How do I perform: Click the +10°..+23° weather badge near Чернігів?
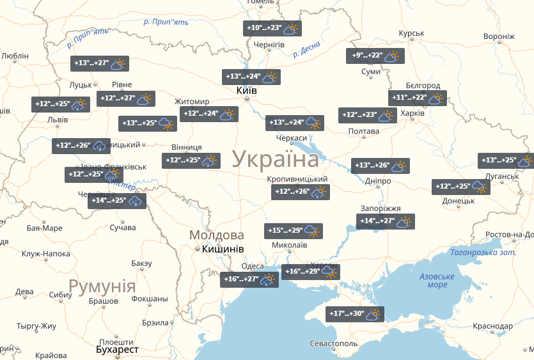tap(272, 29)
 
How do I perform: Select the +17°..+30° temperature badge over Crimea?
tap(355, 315)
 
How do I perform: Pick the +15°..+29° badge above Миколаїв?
tap(294, 231)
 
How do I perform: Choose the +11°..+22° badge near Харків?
tap(418, 98)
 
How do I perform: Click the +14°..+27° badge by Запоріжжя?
tap(386, 223)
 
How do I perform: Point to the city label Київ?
tap(247, 91)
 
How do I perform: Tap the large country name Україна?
tap(275, 159)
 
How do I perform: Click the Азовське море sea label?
tap(437, 280)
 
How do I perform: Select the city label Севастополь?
tap(334, 344)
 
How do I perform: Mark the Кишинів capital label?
tap(223, 249)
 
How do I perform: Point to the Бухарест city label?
tap(117, 350)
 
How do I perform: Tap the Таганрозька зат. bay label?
tap(482, 253)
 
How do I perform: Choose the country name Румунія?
tap(102, 286)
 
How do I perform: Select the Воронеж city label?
tap(499, 36)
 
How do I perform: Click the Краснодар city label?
tap(493, 326)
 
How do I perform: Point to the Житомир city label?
tap(192, 102)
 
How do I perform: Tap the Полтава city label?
tap(363, 132)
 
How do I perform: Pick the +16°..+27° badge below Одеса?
tap(249, 279)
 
